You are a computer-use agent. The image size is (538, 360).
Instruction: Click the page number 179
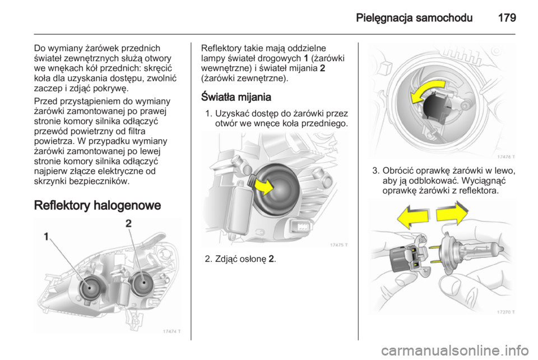(x=507, y=17)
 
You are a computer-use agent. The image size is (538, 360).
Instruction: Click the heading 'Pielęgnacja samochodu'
(x=414, y=18)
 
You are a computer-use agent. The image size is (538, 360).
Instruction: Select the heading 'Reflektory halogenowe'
(x=98, y=205)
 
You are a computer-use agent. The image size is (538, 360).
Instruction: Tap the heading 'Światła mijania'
(x=236, y=97)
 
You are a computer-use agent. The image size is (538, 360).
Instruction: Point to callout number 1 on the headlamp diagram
(x=46, y=237)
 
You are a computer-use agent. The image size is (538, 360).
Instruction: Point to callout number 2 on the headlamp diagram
(x=128, y=224)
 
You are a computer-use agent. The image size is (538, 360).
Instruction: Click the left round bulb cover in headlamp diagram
(x=91, y=288)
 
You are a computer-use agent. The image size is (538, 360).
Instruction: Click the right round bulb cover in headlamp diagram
(x=143, y=283)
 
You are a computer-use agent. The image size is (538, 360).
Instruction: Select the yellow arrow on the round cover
(x=263, y=186)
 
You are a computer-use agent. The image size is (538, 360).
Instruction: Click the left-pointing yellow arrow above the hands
(x=412, y=217)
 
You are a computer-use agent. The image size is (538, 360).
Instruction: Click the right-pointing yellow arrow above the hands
(x=452, y=213)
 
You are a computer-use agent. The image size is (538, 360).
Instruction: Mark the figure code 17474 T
(x=171, y=331)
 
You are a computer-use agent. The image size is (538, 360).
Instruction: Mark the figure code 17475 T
(x=339, y=244)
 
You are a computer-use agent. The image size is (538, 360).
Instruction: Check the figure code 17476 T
(x=506, y=157)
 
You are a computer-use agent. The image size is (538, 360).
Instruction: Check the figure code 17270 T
(x=506, y=312)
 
